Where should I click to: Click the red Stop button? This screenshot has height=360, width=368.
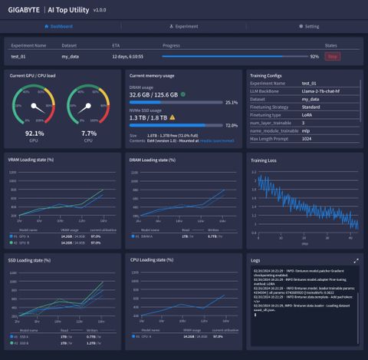coord(332,56)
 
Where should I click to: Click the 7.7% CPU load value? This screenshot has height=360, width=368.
coord(88,133)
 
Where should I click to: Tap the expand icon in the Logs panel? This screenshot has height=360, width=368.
coord(356,261)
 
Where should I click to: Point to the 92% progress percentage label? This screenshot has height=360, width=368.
coord(314,56)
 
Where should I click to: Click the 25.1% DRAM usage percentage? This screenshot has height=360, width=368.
coord(231,102)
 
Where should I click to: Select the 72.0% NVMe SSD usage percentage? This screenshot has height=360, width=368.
coord(231,124)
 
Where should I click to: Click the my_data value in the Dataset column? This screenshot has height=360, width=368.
coord(71,56)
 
